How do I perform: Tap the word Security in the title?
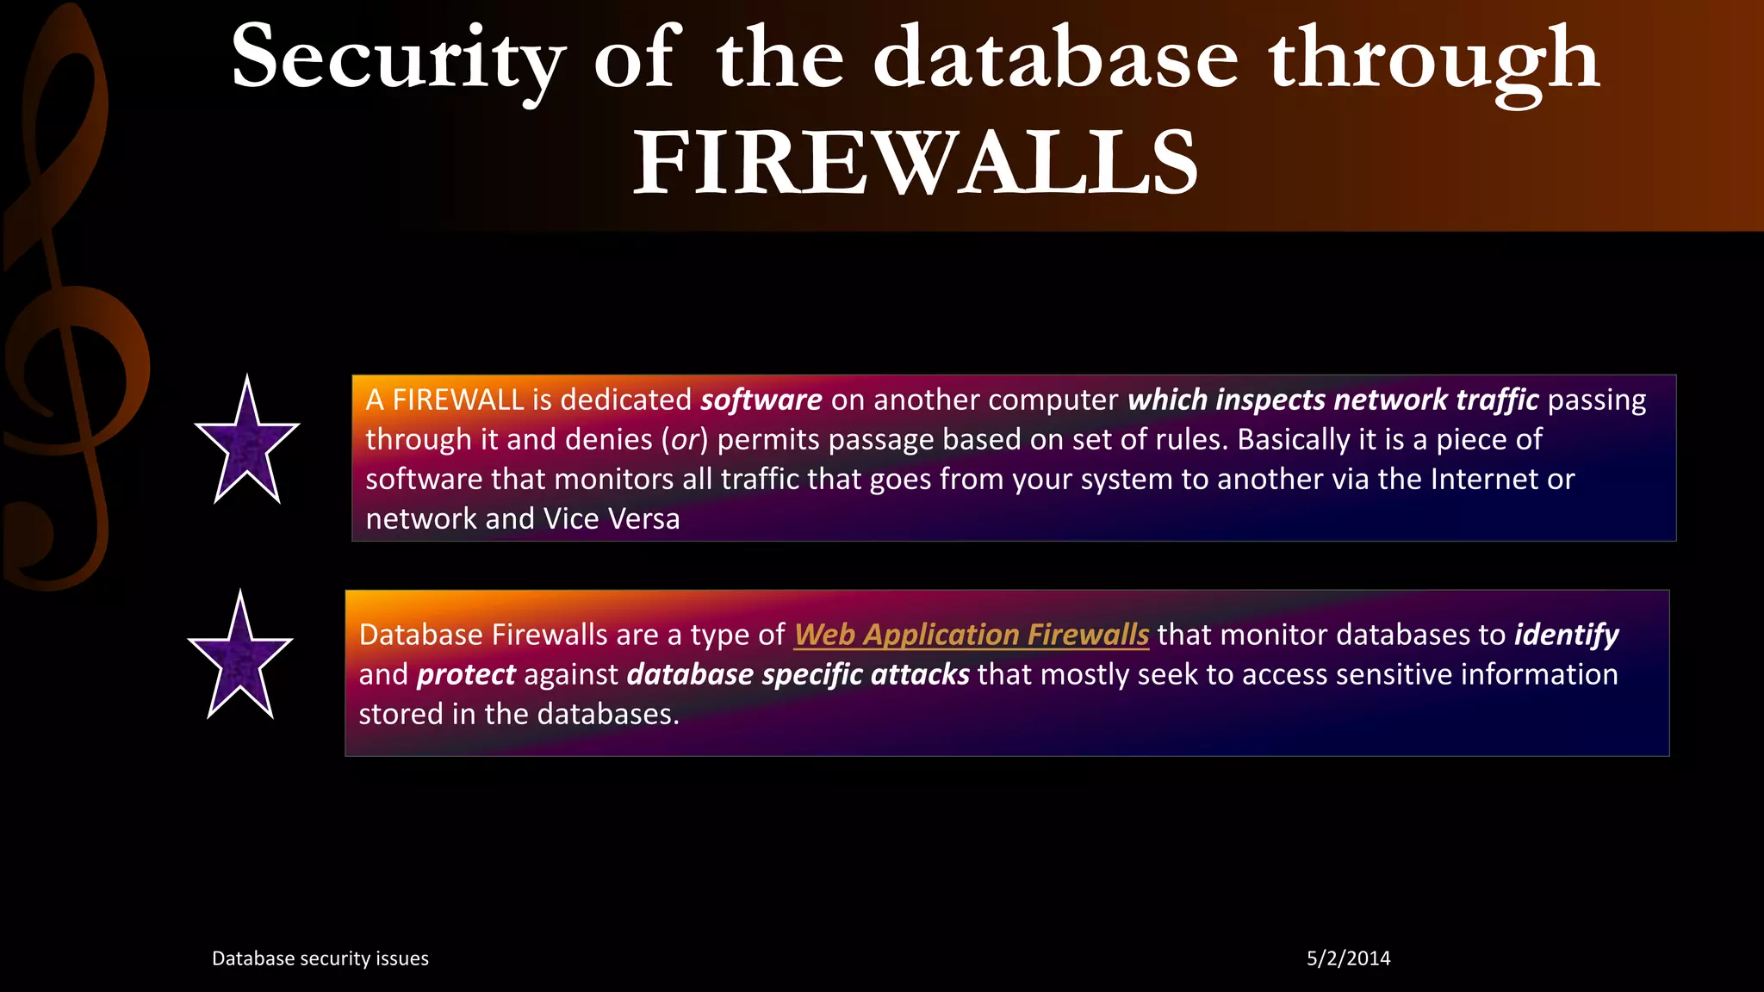coord(398,59)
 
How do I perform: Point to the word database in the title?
coord(1056,59)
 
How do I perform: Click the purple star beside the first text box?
coord(247,443)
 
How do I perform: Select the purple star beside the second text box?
coord(240,659)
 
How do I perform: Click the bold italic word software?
coord(761,400)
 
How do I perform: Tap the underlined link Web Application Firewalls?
coord(972,635)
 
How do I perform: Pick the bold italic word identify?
coord(1567,635)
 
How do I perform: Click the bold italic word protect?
coord(466,674)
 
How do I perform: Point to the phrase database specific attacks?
coord(798,674)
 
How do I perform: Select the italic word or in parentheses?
coord(685,440)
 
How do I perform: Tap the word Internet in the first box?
coord(1484,480)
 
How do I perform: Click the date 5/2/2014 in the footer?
coord(1348,958)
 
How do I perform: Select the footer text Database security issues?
coord(320,958)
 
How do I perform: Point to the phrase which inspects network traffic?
coord(1332,400)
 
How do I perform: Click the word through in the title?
coord(1435,59)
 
